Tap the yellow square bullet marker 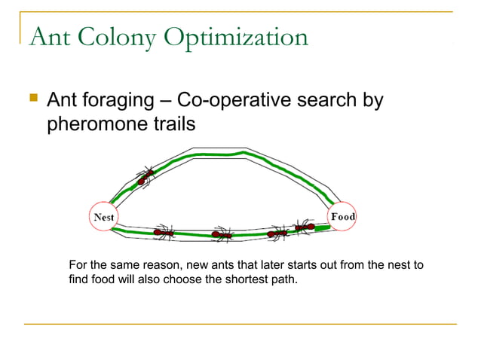pos(32,98)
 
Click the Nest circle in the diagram pos(103,217)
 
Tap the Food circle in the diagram pos(343,217)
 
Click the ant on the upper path pos(144,177)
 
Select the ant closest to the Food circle pos(304,227)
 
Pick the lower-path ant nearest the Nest pos(163,232)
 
